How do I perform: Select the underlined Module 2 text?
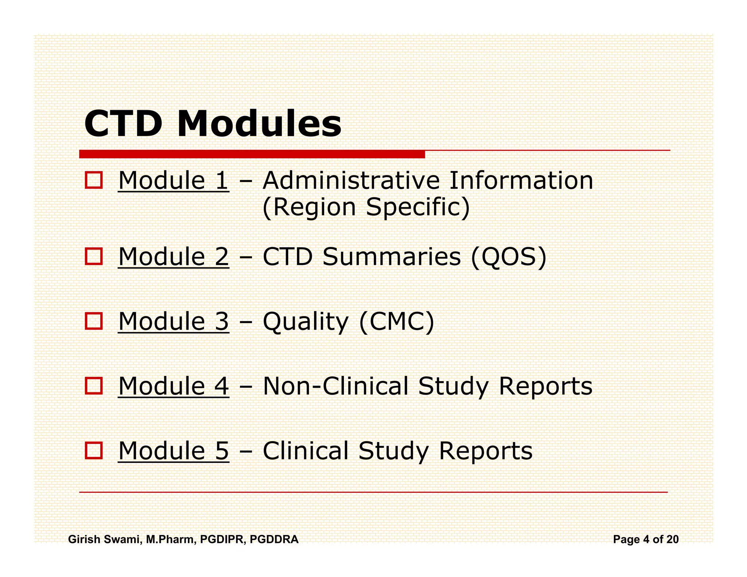coord(174,257)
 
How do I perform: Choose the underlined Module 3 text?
coord(174,321)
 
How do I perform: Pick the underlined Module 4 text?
coord(174,386)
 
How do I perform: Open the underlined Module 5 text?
coord(174,451)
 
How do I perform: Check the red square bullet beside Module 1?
coord(94,180)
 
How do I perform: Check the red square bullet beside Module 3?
coord(94,321)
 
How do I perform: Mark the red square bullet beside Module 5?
coord(94,450)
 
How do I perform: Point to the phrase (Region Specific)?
coord(366,208)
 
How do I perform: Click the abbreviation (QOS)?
coord(509,257)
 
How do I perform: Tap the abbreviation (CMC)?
coord(396,321)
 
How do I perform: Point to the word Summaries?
coord(392,257)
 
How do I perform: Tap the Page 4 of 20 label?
coord(646,539)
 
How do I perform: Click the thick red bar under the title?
coord(252,154)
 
